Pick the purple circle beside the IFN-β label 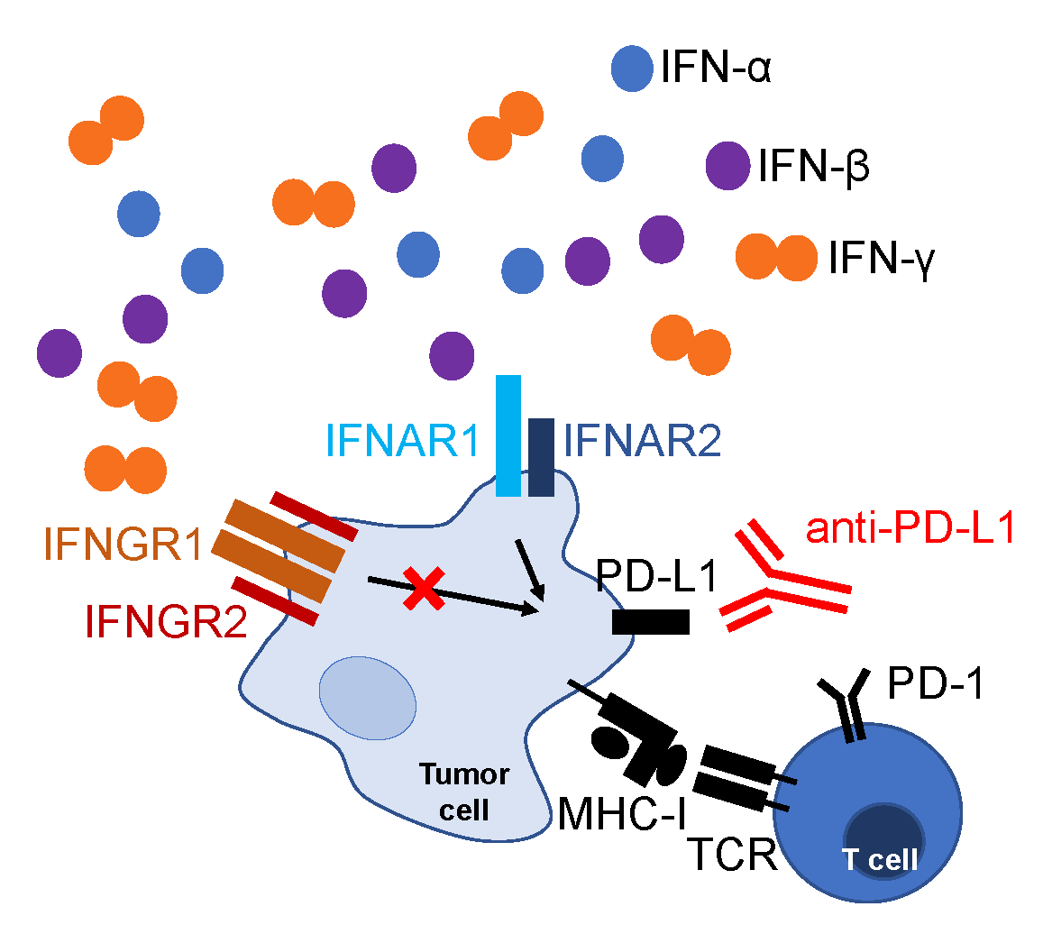click(x=727, y=166)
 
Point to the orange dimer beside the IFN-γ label click(x=775, y=257)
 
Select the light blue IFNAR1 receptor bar click(x=508, y=435)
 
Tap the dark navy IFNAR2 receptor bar click(x=541, y=457)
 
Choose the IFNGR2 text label click(x=166, y=622)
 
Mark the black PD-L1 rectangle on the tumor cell click(x=651, y=622)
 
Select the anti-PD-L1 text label click(x=910, y=530)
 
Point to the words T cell click(x=880, y=860)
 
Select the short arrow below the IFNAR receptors click(x=530, y=570)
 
